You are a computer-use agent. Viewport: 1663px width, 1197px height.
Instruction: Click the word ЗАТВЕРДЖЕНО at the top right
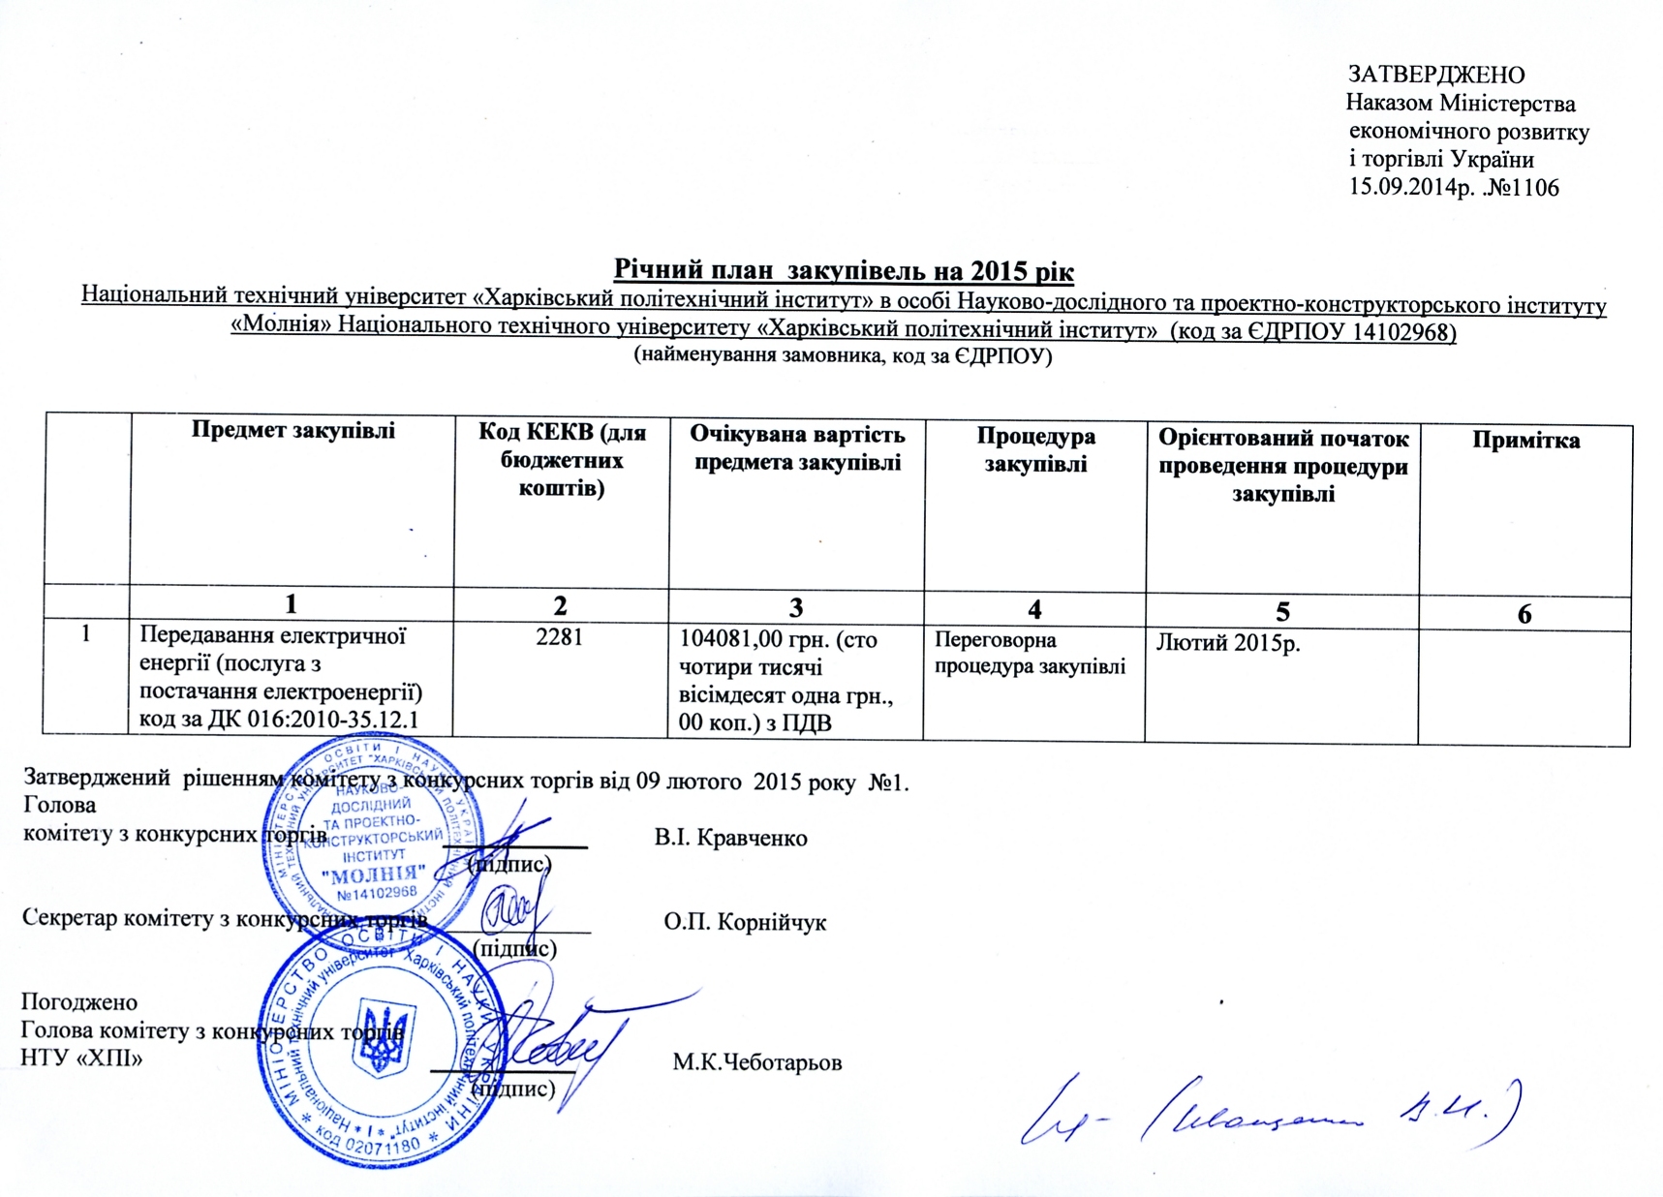tap(1436, 75)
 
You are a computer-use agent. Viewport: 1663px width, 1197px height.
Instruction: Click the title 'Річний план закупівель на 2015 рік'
tap(844, 269)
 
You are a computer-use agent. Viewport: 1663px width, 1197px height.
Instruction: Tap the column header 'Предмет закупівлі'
tap(293, 431)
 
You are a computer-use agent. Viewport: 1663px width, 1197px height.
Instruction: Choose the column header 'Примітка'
tap(1525, 441)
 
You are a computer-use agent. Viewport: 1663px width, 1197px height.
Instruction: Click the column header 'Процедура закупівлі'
tap(1035, 449)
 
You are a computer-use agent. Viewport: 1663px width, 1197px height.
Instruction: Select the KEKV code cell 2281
tap(560, 636)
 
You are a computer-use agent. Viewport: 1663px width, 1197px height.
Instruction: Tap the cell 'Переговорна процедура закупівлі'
tap(1029, 653)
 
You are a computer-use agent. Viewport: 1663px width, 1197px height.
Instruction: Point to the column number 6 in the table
tap(1524, 614)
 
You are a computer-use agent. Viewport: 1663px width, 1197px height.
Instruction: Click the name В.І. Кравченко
tap(730, 838)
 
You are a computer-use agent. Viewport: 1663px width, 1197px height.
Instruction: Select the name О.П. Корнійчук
tap(745, 922)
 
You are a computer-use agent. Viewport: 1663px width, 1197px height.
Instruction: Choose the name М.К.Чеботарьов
tap(757, 1062)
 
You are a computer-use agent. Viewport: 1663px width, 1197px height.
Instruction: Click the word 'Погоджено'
tap(79, 1001)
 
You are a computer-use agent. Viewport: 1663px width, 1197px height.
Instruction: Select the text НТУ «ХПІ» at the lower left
tap(81, 1058)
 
